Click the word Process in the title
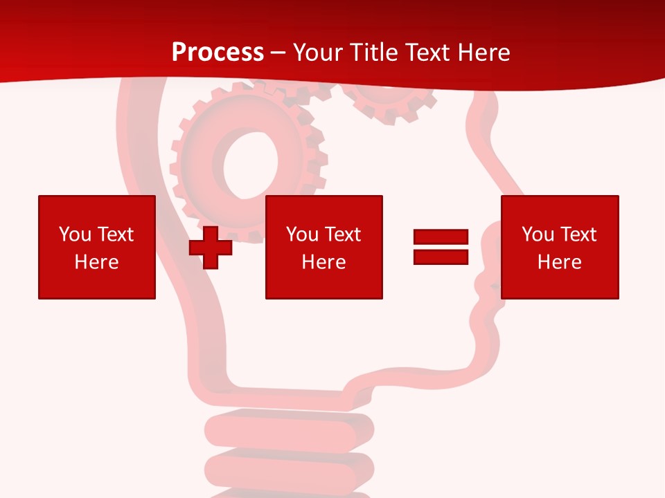tap(218, 52)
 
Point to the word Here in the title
tap(485, 52)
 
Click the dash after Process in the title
tap(278, 53)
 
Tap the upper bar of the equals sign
tap(441, 237)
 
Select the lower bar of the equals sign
tap(441, 257)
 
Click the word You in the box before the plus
tap(76, 234)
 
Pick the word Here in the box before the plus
tap(96, 262)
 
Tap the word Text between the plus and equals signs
tap(342, 234)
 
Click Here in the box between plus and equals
tap(323, 262)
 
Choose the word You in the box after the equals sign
tap(538, 234)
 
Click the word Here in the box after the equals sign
tap(559, 262)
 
